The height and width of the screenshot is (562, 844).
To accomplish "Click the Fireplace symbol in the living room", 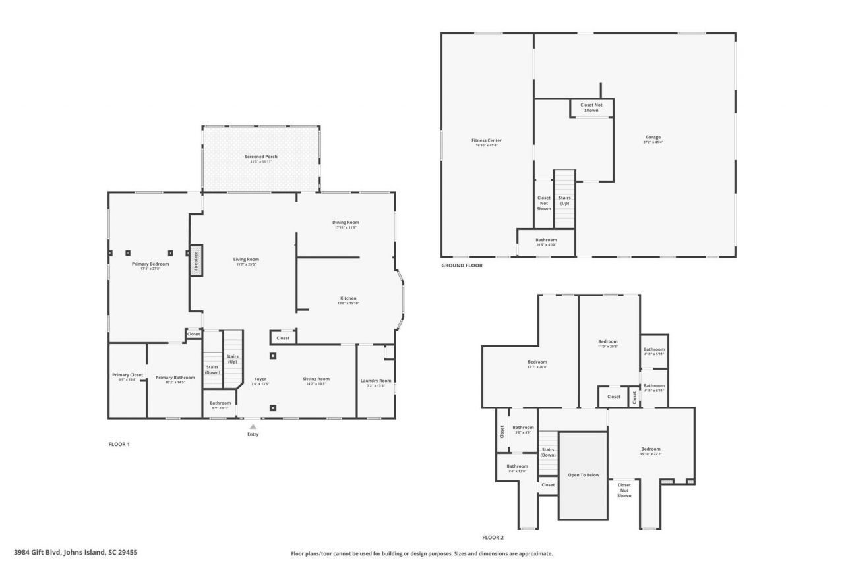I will [195, 260].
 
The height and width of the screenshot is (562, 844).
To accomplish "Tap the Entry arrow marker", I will [253, 427].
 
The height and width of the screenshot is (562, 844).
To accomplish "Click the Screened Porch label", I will [261, 157].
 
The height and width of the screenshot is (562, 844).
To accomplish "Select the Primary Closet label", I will [127, 376].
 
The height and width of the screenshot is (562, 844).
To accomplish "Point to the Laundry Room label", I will [376, 381].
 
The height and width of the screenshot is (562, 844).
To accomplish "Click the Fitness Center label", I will [487, 141].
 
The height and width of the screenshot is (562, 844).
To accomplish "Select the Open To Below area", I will [584, 475].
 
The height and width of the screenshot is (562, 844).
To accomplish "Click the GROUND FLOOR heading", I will [462, 266].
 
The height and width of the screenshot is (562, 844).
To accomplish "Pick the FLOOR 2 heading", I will [493, 538].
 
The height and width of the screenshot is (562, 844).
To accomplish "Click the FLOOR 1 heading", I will [119, 444].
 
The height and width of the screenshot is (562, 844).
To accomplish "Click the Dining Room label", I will [346, 223].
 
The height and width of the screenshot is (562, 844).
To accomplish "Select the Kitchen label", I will [348, 299].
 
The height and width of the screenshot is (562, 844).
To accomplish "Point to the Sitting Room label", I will [316, 379].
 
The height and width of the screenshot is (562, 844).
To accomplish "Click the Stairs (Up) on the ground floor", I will [564, 200].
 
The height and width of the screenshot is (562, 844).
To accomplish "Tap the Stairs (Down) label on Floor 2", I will [548, 452].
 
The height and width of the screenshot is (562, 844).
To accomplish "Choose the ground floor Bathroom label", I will [546, 240].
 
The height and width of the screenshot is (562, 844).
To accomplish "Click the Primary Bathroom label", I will [175, 378].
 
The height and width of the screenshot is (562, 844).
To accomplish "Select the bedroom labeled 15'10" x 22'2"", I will [650, 450].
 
